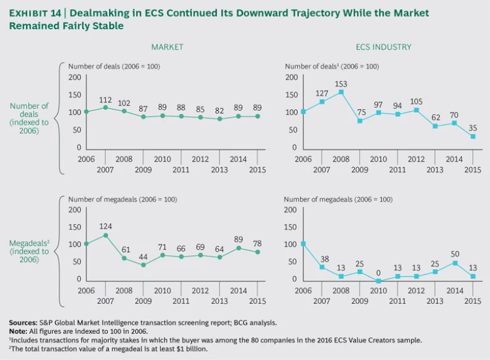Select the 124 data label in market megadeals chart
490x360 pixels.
105,226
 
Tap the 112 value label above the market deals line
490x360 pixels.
105,100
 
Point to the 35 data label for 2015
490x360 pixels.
473,128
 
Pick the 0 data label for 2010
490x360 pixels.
378,272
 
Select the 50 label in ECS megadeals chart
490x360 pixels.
454,254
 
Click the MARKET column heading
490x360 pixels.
167,47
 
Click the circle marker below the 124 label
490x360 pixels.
105,235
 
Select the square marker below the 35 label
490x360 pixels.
473,136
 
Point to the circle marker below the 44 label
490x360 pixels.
144,264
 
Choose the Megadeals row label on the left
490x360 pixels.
29,243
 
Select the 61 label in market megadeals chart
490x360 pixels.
124,250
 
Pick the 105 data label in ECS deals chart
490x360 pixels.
417,101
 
